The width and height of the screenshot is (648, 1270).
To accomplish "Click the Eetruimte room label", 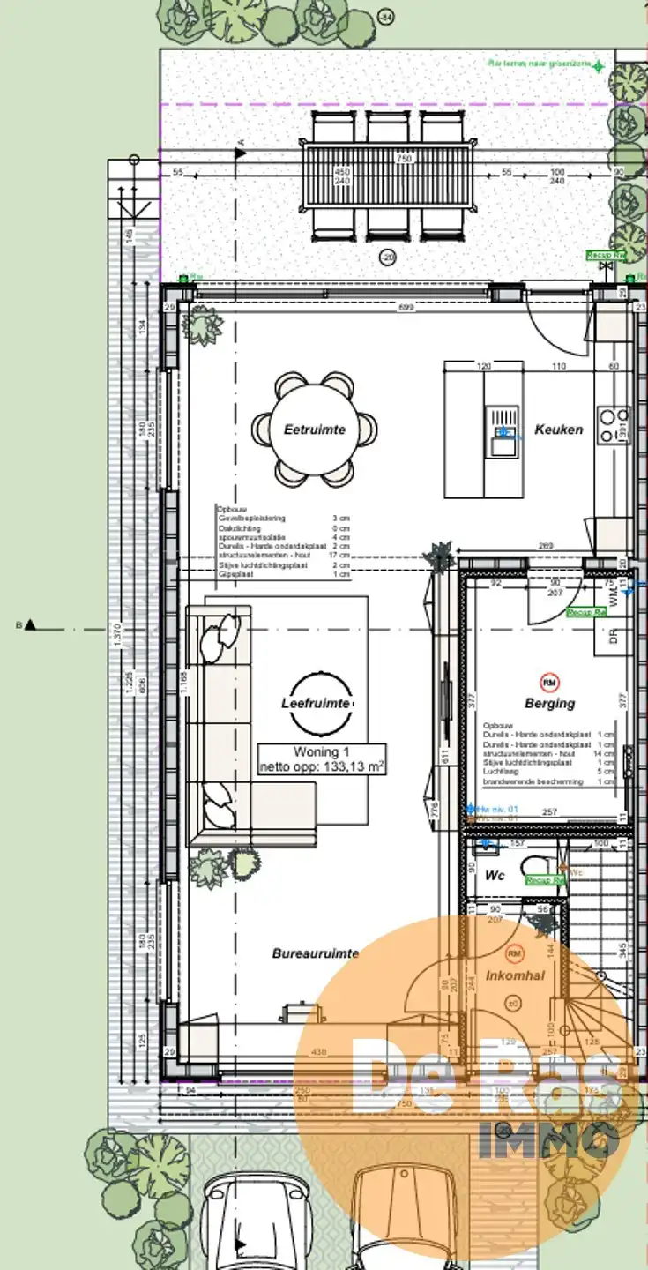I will click(315, 430).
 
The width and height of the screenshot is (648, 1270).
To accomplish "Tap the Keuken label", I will click(558, 430).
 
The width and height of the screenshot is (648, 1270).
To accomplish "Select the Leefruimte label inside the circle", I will click(316, 703).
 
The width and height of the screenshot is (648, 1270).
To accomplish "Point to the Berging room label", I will click(549, 703).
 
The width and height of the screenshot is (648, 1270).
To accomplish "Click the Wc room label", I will click(495, 877).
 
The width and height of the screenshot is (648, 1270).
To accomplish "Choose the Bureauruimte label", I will click(315, 953).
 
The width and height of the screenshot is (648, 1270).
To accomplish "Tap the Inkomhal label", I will click(515, 975).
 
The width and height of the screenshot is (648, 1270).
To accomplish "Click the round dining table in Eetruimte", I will click(315, 430).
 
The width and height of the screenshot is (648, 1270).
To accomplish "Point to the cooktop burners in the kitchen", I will click(614, 425).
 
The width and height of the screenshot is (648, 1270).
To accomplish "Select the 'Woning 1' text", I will click(316, 752).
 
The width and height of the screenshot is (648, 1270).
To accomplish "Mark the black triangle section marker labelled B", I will click(31, 625).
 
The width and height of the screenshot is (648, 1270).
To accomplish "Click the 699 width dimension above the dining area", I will click(405, 308).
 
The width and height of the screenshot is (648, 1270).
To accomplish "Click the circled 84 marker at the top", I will click(384, 17).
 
